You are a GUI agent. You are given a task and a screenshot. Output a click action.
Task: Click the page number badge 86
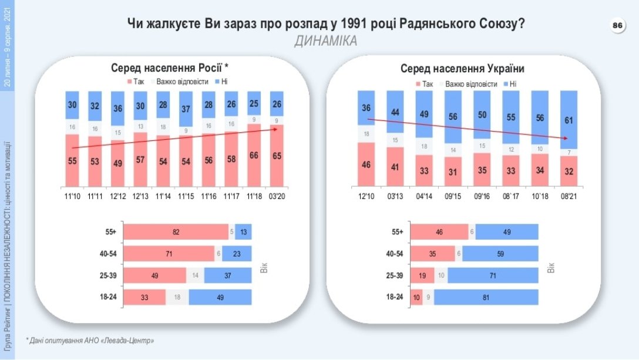pos(617,25)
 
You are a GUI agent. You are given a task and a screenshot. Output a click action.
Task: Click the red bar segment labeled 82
pos(176,232)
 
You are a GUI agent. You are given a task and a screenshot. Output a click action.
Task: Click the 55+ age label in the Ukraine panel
pos(397,232)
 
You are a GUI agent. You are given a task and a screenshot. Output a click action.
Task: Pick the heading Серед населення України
pos(462,69)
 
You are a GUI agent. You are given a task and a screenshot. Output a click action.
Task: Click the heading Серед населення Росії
pos(169,67)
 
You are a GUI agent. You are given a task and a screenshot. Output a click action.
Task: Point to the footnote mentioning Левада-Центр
pos(92,340)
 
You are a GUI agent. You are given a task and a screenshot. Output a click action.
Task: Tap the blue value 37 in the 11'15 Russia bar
pos(186,108)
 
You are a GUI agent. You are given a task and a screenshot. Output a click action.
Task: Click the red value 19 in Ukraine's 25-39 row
pos(422,275)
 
